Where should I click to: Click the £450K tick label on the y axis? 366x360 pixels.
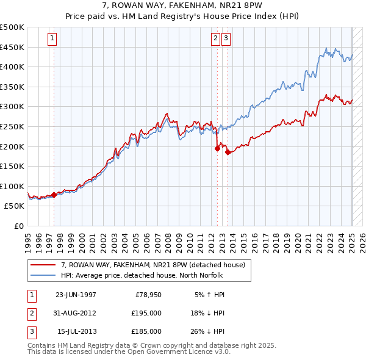12,47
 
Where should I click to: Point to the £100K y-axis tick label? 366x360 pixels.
12,186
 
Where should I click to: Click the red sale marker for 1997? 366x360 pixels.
54,195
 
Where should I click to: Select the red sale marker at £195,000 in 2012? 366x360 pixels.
217,148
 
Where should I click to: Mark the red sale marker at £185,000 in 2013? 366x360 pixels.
227,152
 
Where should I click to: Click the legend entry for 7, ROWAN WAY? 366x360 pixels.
152,265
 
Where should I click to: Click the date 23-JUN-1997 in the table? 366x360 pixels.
76,295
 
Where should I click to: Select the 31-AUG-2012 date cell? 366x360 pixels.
76,313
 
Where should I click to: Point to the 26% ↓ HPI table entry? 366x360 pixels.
210,331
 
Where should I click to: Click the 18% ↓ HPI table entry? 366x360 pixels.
210,313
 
